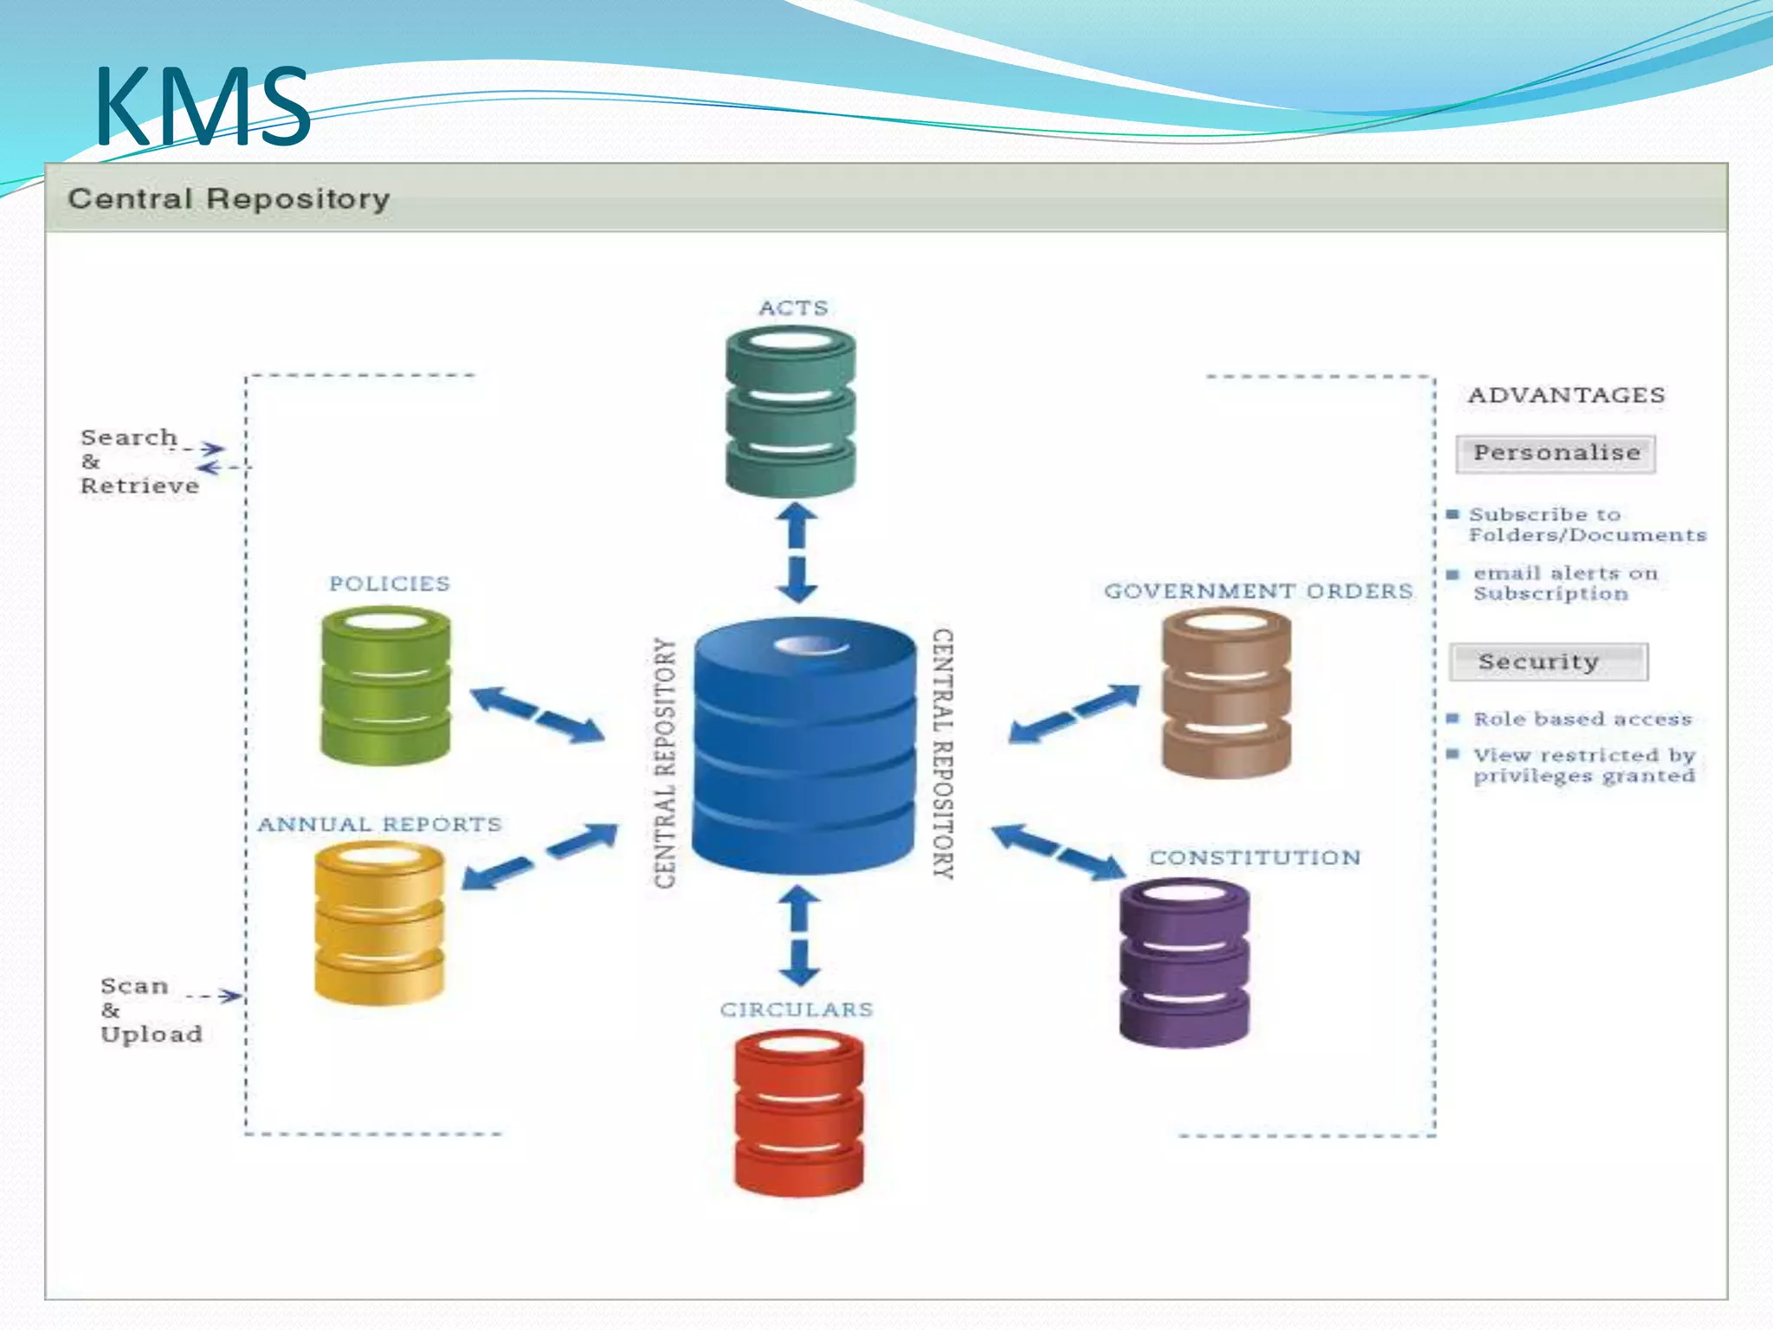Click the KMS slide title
[202, 107]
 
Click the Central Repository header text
[229, 199]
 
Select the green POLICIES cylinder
[385, 686]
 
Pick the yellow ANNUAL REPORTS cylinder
[379, 923]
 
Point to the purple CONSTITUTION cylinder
[1184, 963]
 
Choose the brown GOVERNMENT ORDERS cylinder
[1226, 693]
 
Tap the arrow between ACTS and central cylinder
[797, 552]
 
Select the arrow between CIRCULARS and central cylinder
[800, 935]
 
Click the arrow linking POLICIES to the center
[537, 715]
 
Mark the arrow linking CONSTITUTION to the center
[1058, 852]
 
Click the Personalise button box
[1556, 454]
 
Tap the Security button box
[1549, 662]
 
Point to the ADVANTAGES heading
[1566, 396]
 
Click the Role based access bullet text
[1583, 720]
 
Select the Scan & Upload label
[151, 1010]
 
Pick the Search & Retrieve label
[139, 462]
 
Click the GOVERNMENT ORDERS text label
[1258, 591]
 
